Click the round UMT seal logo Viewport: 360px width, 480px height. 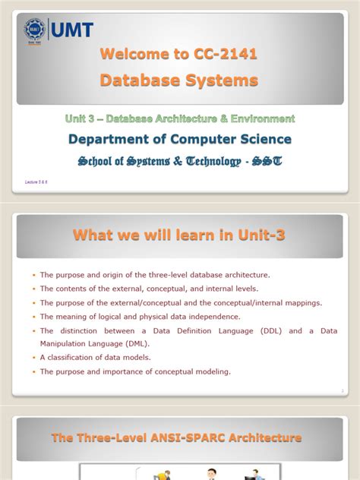(34, 30)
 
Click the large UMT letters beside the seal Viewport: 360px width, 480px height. (71, 30)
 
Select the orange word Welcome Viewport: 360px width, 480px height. (134, 54)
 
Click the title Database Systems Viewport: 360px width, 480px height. (179, 80)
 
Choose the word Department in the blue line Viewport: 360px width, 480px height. (106, 139)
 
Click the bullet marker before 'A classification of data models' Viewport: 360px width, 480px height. (33, 358)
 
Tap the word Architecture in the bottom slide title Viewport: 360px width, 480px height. (264, 437)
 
